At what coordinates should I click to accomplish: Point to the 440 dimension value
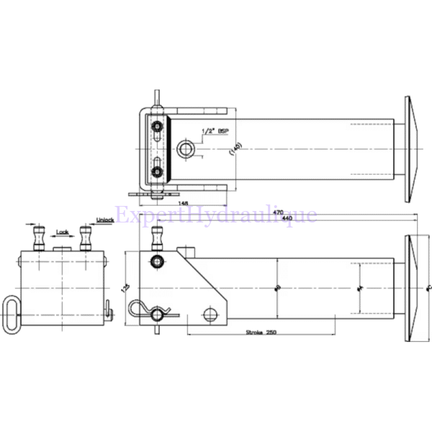point(288,217)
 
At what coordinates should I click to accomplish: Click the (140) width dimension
point(235,149)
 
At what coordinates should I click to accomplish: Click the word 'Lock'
point(63,232)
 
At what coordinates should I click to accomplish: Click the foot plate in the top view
point(408,149)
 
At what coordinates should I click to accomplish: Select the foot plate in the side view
point(409,288)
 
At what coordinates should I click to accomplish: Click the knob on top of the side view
point(157,238)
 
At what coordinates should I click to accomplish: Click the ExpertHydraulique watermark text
point(216,215)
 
